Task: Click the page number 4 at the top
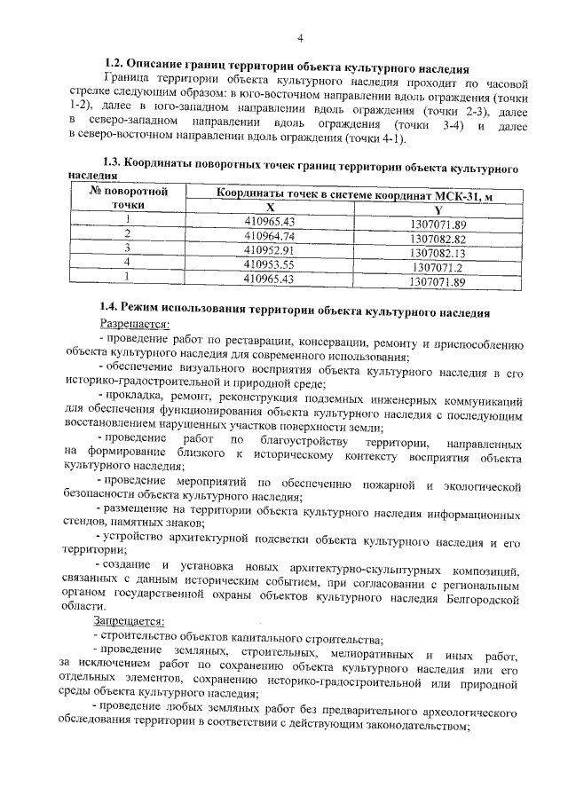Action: coord(300,37)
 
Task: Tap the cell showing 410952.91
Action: coord(268,251)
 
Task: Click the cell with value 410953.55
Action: coord(268,264)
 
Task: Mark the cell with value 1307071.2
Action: coord(437,266)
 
